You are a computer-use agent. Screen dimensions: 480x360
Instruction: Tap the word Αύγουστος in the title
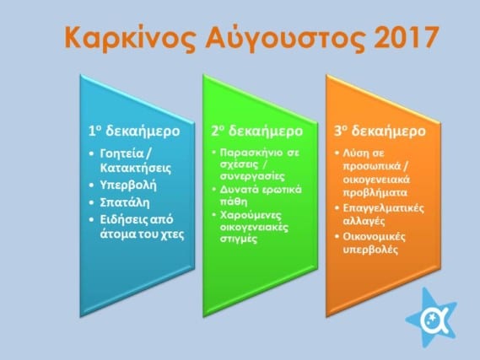(x=285, y=38)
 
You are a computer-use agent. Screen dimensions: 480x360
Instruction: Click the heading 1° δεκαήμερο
(x=134, y=132)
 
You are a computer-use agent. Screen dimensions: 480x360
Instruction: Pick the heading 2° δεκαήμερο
(x=256, y=132)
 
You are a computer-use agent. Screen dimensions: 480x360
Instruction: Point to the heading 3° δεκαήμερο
(x=380, y=132)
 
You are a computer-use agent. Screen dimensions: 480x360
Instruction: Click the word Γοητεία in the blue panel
(x=121, y=153)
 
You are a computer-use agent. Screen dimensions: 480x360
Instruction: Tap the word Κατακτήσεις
(x=136, y=168)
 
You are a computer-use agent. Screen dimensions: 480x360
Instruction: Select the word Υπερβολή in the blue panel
(x=128, y=185)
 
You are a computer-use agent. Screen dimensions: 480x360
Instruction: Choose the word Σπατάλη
(x=125, y=202)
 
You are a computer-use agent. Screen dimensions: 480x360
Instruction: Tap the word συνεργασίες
(x=252, y=176)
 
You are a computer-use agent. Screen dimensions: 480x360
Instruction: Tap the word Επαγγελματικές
(x=383, y=208)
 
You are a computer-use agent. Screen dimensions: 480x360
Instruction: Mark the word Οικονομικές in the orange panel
(x=374, y=237)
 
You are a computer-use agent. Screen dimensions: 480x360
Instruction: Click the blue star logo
(x=431, y=318)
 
